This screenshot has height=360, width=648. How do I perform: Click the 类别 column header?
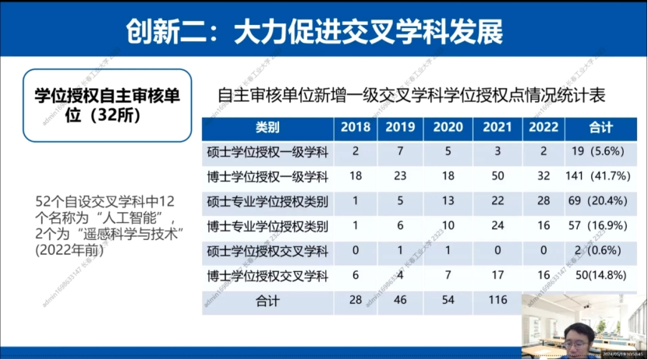coord(267,127)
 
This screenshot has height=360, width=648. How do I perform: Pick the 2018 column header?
coord(355,127)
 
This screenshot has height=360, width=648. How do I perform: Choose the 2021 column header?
coord(497,127)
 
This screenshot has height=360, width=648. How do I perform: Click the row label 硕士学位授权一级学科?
coord(267,151)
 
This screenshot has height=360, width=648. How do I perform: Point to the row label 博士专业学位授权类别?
coord(267,227)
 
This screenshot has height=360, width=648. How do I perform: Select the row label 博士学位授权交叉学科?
coord(267,276)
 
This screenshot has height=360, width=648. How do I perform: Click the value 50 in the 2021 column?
coord(497,177)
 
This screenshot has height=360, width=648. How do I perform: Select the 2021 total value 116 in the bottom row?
coord(497,299)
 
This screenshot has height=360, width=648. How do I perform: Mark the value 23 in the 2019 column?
coord(400,177)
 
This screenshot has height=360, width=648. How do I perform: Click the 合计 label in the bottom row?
coord(267,299)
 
